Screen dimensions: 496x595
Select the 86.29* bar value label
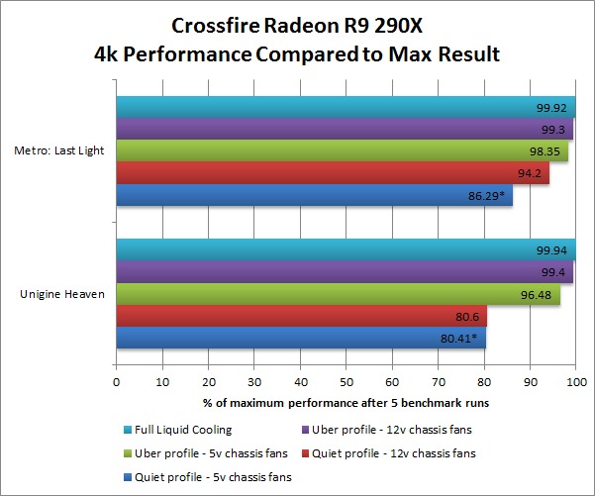tap(486, 196)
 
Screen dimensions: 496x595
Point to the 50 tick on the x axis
tap(346, 379)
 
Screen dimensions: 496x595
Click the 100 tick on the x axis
tap(575, 379)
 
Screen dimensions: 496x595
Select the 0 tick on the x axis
tap(117, 379)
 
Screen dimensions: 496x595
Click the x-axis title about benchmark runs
tap(346, 402)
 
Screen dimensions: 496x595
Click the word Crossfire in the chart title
tap(210, 26)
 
